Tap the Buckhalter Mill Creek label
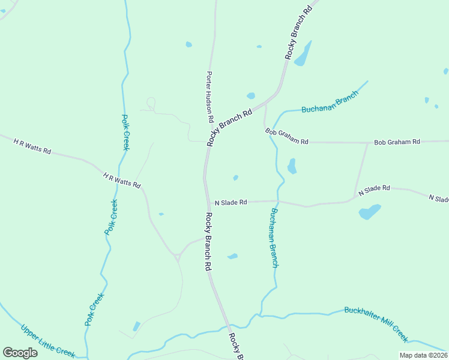pyautogui.click(x=376, y=323)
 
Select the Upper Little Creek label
pyautogui.click(x=48, y=341)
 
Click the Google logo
pyautogui.click(x=20, y=353)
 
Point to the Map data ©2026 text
pyautogui.click(x=423, y=355)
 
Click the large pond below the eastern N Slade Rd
pyautogui.click(x=369, y=212)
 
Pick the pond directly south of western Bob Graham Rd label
pyautogui.click(x=292, y=166)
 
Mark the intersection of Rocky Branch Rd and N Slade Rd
pyautogui.click(x=206, y=202)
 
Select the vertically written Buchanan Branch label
pyautogui.click(x=274, y=238)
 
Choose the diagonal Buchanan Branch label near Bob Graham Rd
pyautogui.click(x=330, y=102)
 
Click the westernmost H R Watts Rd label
pyautogui.click(x=32, y=145)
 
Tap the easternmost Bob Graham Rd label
pyautogui.click(x=397, y=142)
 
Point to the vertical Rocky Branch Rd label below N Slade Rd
pyautogui.click(x=208, y=241)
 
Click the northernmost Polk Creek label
pyautogui.click(x=126, y=133)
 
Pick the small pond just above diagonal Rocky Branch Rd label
pyautogui.click(x=250, y=96)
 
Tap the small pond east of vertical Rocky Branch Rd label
pyautogui.click(x=232, y=256)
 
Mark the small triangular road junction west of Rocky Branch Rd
pyautogui.click(x=178, y=257)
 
